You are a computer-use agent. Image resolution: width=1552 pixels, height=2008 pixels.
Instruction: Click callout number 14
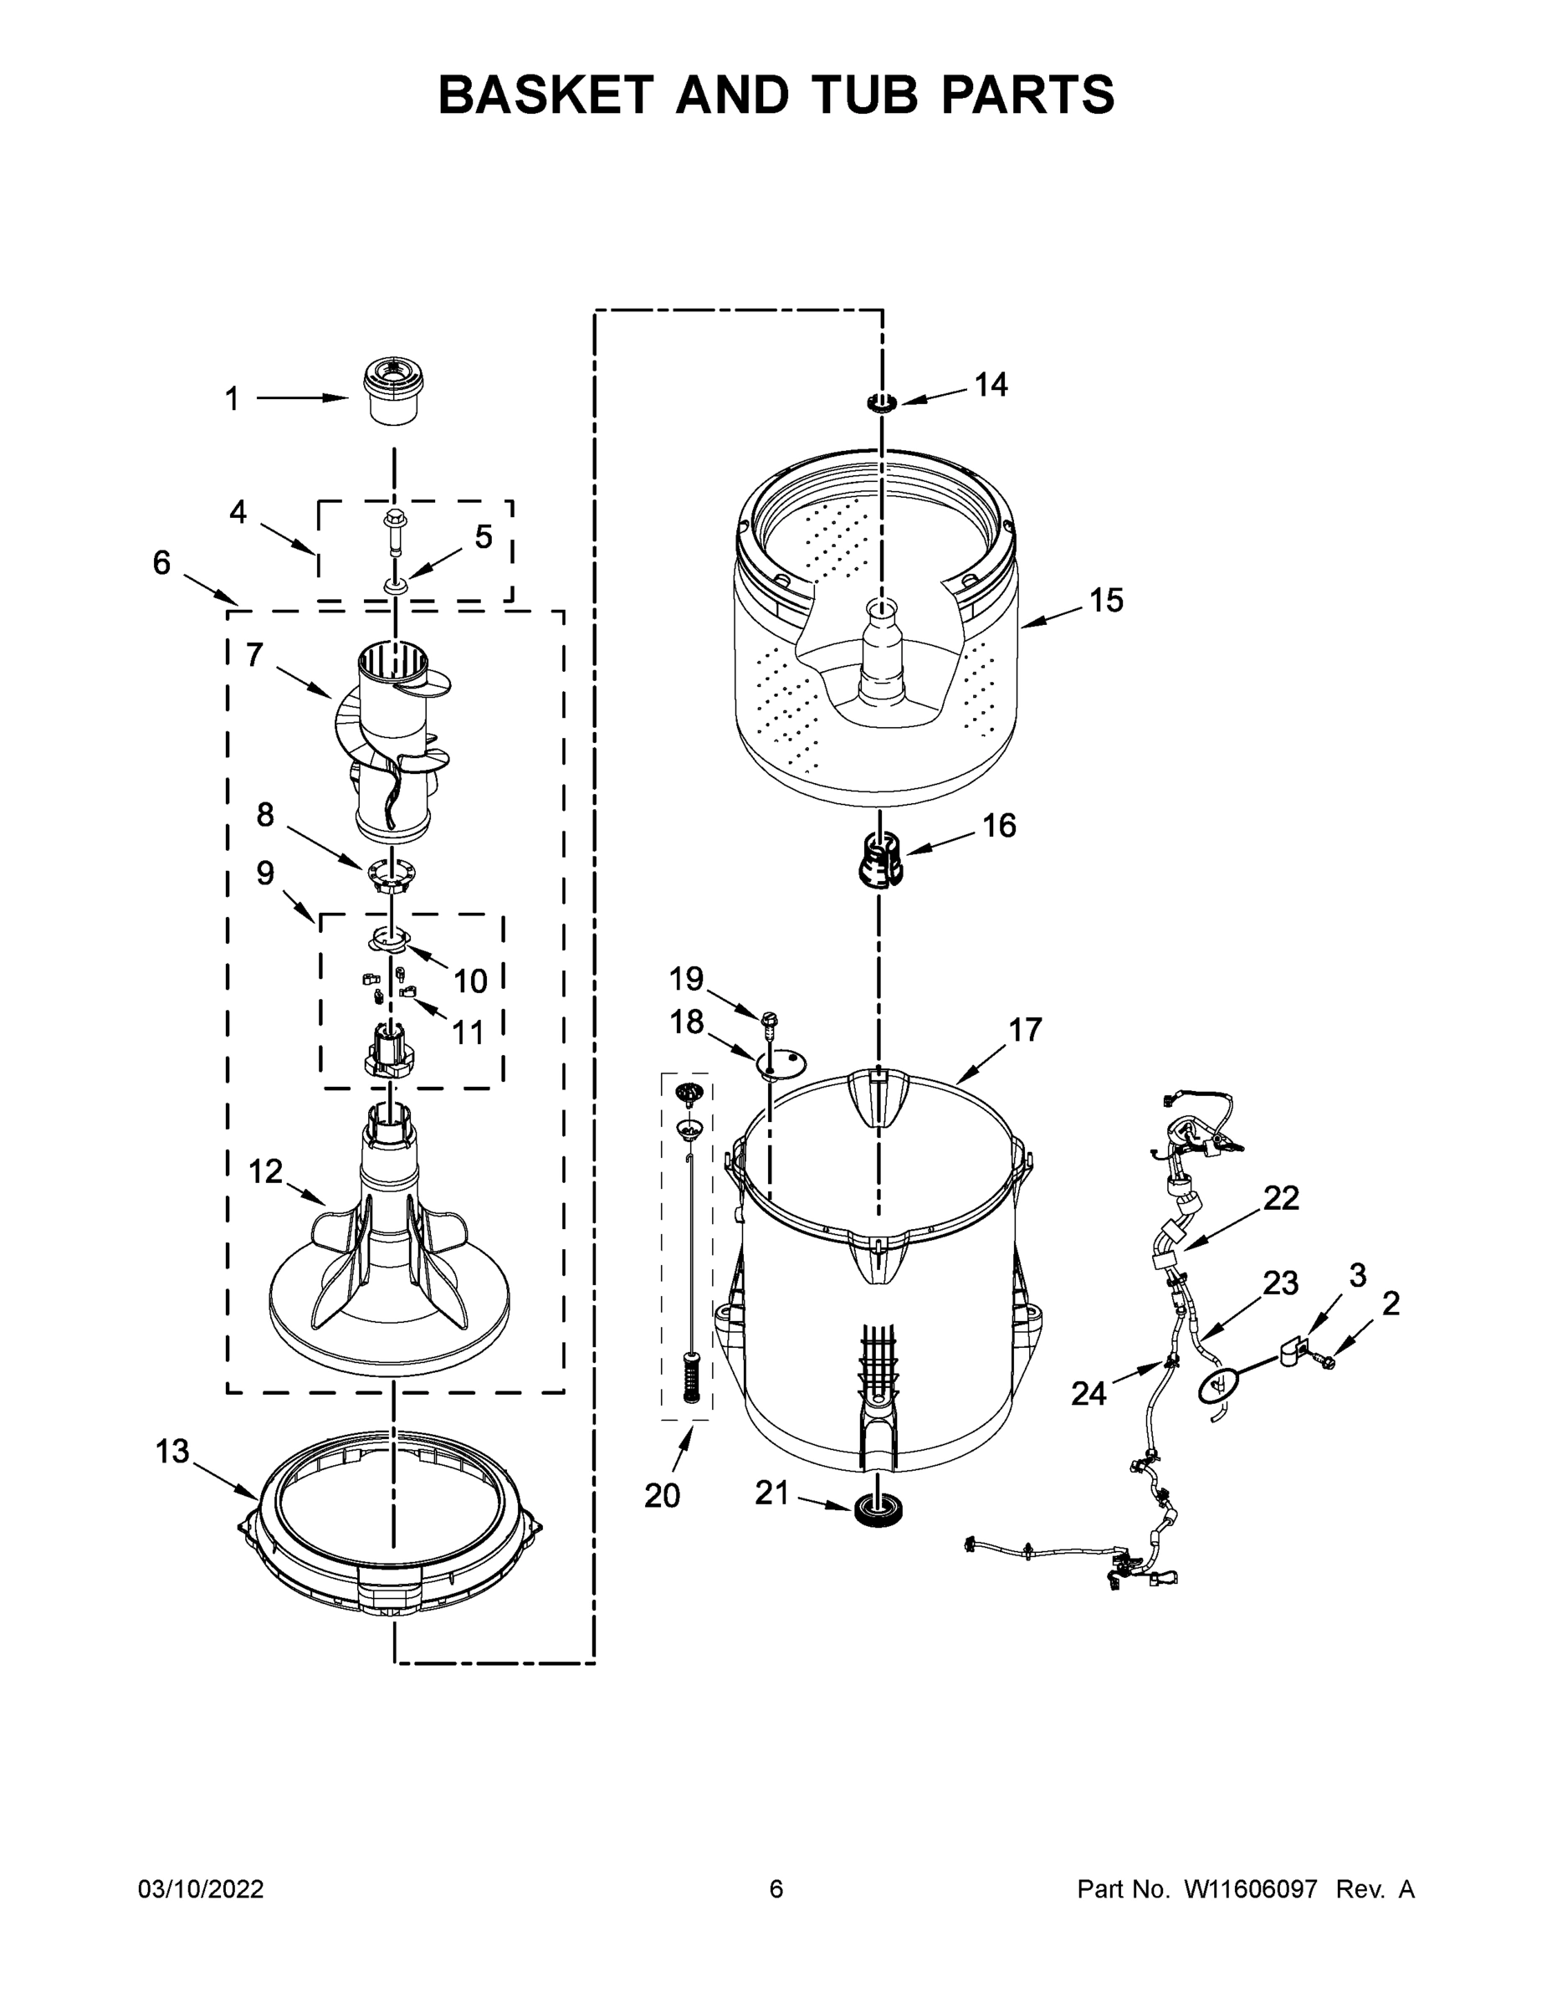coord(991,384)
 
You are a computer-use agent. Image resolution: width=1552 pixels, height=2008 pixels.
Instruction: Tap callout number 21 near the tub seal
coord(772,1493)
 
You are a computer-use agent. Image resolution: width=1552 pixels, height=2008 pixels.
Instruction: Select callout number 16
coord(1000,826)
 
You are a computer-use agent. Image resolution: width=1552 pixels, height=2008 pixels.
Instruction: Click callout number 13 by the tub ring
coord(172,1452)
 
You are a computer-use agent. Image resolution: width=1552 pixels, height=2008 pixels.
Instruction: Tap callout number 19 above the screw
coord(686,978)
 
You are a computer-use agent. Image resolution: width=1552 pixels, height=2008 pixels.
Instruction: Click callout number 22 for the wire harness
coord(1281,1198)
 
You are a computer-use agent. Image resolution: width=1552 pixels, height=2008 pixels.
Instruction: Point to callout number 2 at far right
coord(1391,1303)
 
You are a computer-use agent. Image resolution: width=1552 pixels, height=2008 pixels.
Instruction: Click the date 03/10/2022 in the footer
coord(201,1889)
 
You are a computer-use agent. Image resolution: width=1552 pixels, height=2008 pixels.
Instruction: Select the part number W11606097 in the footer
coord(1251,1889)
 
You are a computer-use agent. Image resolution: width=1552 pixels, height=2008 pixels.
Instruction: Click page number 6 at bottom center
coord(776,1889)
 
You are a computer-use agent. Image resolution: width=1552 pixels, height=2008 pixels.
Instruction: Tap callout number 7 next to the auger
coord(254,656)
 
